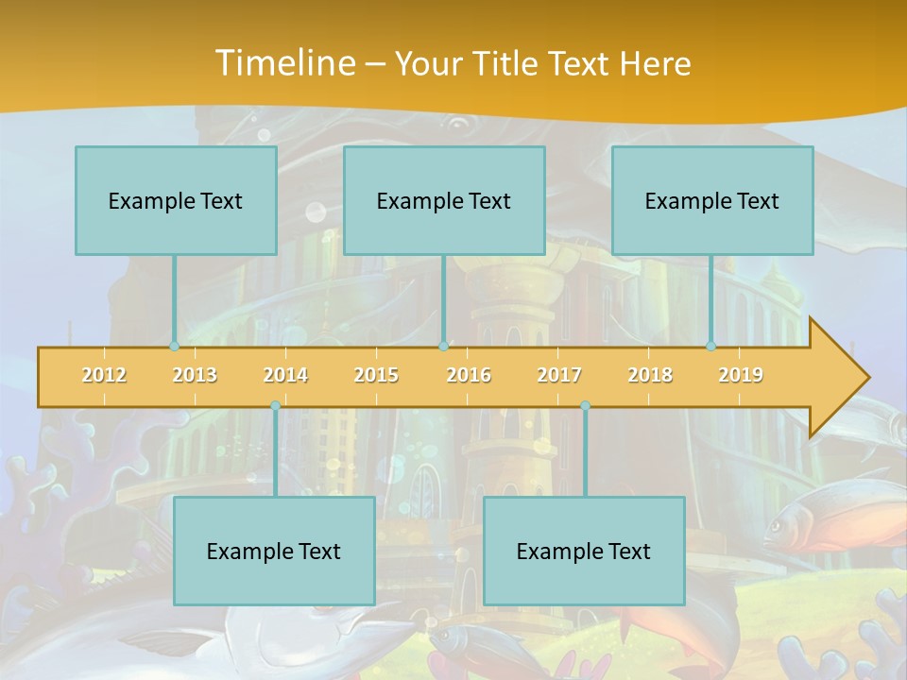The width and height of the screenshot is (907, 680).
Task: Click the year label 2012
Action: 104,375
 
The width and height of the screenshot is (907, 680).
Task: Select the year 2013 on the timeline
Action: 195,375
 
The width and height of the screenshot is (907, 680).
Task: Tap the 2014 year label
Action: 285,375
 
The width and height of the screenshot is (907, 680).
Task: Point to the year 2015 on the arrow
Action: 376,375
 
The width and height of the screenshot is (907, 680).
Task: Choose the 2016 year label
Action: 469,375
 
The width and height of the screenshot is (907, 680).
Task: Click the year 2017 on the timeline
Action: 559,375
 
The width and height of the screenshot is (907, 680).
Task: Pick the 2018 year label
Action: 650,375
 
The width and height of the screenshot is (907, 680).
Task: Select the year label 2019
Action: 741,375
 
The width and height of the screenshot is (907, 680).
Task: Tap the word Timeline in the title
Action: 284,63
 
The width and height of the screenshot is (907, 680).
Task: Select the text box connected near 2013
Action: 176,200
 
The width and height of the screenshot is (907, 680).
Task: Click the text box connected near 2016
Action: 444,200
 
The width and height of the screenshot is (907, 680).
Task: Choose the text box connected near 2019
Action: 712,200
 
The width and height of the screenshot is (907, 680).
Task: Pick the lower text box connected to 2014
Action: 274,551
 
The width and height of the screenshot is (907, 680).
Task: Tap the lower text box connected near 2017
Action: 584,551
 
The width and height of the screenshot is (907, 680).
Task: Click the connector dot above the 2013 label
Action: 174,347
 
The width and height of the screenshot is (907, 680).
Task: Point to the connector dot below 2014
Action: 275,406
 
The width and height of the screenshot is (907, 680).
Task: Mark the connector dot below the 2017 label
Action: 585,406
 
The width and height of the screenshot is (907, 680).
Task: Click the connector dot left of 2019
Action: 711,347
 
